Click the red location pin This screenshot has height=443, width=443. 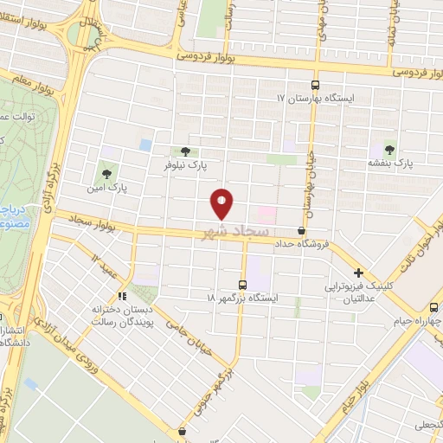(x=222, y=204)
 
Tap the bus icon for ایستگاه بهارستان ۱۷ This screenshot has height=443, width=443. (x=314, y=85)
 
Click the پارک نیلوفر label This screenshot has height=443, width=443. (x=186, y=163)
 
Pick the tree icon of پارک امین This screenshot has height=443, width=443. (x=107, y=172)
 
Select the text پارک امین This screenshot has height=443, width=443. (x=106, y=186)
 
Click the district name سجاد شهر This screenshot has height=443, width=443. (x=236, y=232)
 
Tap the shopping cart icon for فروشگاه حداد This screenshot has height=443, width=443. (x=301, y=231)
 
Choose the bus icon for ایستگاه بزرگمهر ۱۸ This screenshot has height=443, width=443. (x=242, y=284)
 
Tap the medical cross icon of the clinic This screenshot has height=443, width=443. (x=358, y=273)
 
